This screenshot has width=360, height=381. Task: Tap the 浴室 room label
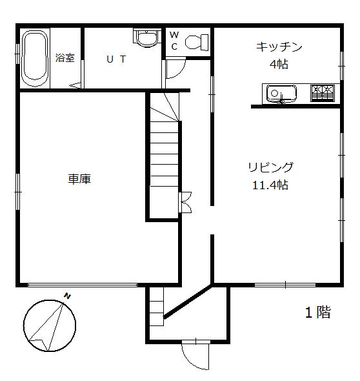[x=65, y=57]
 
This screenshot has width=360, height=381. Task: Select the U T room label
[x=116, y=58]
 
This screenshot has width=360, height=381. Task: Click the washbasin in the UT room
[x=146, y=37]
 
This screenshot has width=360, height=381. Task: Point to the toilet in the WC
[x=196, y=43]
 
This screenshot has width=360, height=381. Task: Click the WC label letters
[x=174, y=41]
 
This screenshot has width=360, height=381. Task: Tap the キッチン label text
[x=279, y=46]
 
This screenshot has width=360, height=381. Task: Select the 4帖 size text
[x=279, y=65]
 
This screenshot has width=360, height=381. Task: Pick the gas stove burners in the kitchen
[x=323, y=94]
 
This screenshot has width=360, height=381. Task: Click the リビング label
[x=270, y=167]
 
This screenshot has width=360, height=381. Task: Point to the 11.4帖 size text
[x=270, y=185]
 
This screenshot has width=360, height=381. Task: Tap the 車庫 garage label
[x=79, y=179]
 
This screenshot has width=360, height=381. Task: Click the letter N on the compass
[x=67, y=296]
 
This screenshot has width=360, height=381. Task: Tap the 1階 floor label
[x=317, y=313]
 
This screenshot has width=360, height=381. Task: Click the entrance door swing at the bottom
[x=195, y=355]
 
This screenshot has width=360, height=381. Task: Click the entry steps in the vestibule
[x=155, y=303]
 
